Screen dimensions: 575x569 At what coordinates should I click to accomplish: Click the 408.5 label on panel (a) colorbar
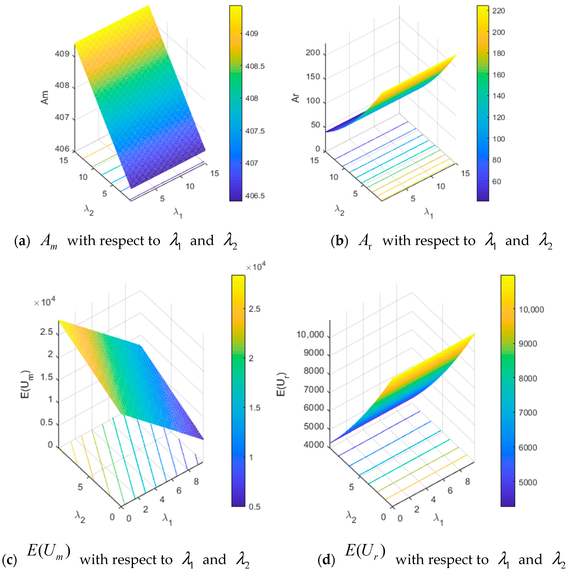click(x=255, y=66)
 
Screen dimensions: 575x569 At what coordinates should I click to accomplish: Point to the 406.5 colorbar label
click(x=255, y=196)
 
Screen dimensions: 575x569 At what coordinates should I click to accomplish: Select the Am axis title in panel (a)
click(x=45, y=97)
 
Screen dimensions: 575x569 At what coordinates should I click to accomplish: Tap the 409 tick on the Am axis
click(x=62, y=54)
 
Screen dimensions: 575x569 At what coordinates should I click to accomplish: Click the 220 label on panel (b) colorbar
click(x=498, y=11)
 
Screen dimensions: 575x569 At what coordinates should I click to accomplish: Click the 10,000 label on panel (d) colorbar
click(x=531, y=310)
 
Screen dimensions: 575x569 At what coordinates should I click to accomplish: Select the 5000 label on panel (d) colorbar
click(x=528, y=482)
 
